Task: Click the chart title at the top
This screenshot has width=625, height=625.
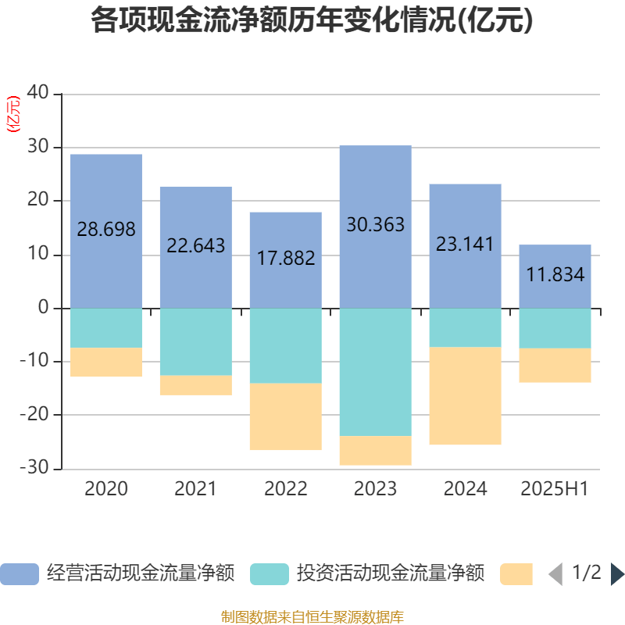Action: [x=312, y=21]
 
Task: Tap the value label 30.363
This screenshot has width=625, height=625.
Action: [x=376, y=225]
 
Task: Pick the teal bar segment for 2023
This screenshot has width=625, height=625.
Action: [x=376, y=372]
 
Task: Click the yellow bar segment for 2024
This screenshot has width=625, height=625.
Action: [x=466, y=396]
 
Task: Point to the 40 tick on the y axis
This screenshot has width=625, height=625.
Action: [x=39, y=94]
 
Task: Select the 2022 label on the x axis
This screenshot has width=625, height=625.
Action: [x=286, y=489]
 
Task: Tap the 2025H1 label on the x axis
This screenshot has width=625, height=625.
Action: [x=555, y=489]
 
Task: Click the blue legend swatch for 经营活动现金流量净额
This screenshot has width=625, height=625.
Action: [x=20, y=574]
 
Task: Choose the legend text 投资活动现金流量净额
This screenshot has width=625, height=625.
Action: [x=390, y=574]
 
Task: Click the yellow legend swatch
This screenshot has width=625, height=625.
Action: [x=516, y=574]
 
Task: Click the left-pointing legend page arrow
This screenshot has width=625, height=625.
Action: [x=555, y=574]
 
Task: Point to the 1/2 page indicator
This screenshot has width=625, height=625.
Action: [x=586, y=573]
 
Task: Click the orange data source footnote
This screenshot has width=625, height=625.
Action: [x=312, y=617]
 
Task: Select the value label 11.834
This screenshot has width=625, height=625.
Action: [x=555, y=275]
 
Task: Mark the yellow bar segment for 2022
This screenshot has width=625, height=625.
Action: [x=286, y=417]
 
